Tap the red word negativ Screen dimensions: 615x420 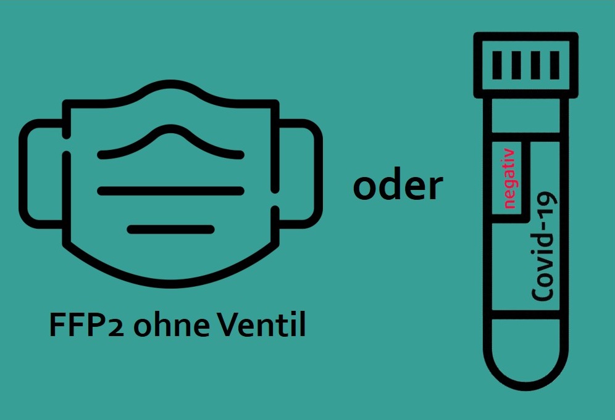(x=509, y=178)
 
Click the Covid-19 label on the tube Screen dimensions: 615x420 (x=543, y=246)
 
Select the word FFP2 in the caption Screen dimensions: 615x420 (x=86, y=325)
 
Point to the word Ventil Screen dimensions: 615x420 (x=261, y=324)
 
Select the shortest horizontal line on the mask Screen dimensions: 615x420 (x=170, y=229)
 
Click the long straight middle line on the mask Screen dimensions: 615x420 (x=170, y=191)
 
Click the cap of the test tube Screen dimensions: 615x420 (x=525, y=65)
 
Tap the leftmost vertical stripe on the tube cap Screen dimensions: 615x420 (x=497, y=65)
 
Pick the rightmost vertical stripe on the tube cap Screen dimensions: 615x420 (x=554, y=65)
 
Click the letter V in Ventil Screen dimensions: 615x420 (x=225, y=325)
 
